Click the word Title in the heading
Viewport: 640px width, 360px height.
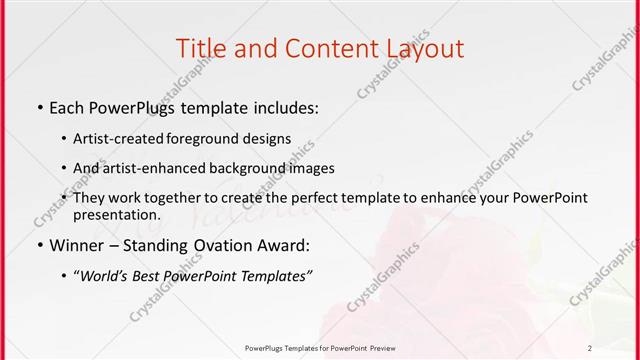pos(198,47)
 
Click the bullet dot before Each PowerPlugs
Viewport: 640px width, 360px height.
pos(39,107)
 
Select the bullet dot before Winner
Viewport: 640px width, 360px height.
pos(39,245)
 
